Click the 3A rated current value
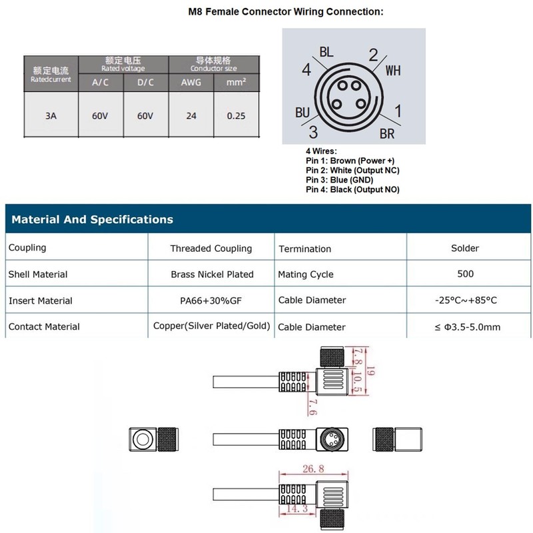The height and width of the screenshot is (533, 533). [x=51, y=116]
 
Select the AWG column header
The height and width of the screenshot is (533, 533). [x=191, y=82]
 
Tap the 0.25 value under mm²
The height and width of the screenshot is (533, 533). [x=236, y=116]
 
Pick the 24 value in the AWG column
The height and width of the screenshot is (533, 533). [x=191, y=116]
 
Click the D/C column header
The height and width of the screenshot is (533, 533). [x=145, y=82]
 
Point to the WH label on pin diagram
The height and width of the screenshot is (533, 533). [x=393, y=71]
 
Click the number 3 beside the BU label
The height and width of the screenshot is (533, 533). [x=313, y=132]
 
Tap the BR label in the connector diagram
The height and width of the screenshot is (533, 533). [x=387, y=134]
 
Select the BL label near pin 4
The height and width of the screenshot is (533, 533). [x=326, y=52]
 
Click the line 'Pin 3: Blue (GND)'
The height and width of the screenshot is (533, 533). [x=339, y=180]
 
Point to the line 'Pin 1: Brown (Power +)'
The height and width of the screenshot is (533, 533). [x=350, y=161]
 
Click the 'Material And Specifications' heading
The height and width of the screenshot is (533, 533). [x=92, y=219]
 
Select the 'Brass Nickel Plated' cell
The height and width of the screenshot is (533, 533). [x=212, y=274]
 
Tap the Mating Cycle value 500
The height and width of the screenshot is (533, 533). [x=465, y=274]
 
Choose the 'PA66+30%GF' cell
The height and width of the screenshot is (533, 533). [x=211, y=300]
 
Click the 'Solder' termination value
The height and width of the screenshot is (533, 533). [x=465, y=248]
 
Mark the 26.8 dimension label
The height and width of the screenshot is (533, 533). [x=313, y=469]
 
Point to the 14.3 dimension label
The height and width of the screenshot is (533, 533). [x=297, y=508]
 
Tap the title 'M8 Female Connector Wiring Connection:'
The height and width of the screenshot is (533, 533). [x=286, y=11]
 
